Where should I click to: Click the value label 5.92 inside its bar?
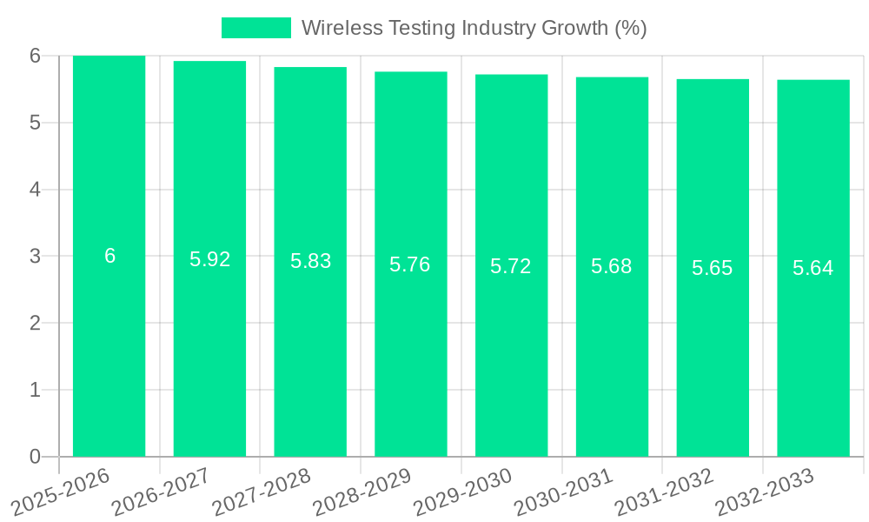(x=209, y=259)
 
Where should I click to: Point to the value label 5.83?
(x=310, y=261)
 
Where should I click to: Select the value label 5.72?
(x=511, y=266)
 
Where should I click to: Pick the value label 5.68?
(x=612, y=266)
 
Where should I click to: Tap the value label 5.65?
(x=713, y=268)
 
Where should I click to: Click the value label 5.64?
(x=813, y=268)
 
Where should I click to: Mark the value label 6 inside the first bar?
(x=109, y=256)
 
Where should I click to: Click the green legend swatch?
(x=256, y=28)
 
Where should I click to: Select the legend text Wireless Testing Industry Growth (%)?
(x=474, y=28)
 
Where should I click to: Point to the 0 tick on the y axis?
(x=35, y=457)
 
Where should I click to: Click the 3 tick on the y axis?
(x=35, y=257)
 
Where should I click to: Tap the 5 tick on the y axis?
(x=35, y=123)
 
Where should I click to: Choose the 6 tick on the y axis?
(x=35, y=56)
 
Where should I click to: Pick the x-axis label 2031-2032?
(x=665, y=491)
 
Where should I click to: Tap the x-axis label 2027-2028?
(x=262, y=491)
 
